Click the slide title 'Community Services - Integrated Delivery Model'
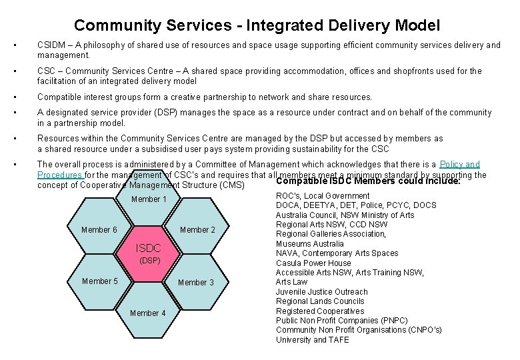tap(257, 25)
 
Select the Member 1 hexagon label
tap(149, 199)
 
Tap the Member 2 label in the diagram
tap(197, 230)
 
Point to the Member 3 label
tap(196, 283)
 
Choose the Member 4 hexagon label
tap(148, 313)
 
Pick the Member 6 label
tap(99, 230)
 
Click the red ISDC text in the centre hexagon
tap(148, 248)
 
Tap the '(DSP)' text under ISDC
tap(149, 260)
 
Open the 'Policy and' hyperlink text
tap(460, 164)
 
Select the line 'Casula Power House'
tap(313, 263)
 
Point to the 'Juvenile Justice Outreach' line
tap(321, 292)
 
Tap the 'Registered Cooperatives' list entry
tap(320, 311)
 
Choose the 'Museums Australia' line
tap(309, 243)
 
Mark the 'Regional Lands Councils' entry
tap(320, 301)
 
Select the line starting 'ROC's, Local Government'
tap(323, 196)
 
